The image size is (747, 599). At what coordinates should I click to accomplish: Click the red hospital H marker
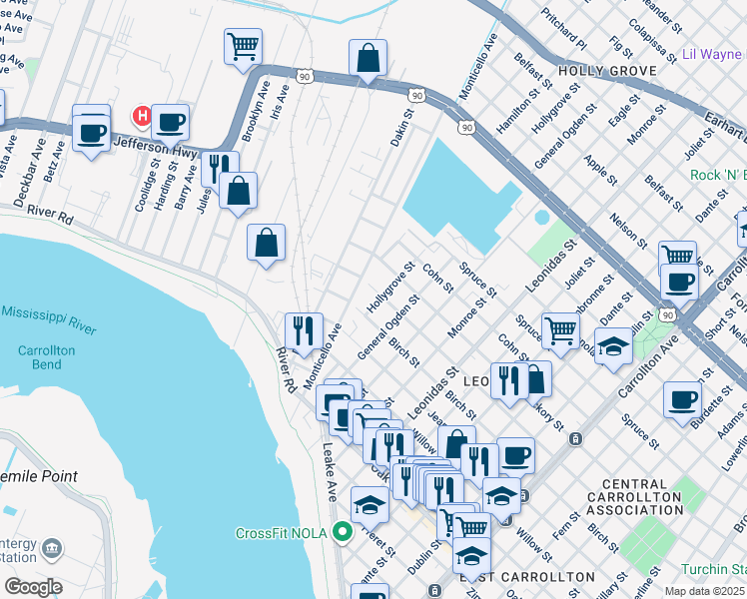point(142,117)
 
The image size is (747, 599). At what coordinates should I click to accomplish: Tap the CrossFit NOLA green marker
point(343,532)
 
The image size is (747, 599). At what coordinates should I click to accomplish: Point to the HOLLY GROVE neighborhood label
point(607,71)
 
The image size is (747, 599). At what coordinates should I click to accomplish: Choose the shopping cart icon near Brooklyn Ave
point(243,46)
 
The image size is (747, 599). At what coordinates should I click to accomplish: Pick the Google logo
point(33,587)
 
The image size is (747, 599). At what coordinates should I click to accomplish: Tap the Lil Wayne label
point(711,53)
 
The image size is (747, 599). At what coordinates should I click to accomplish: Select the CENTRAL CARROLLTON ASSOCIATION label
point(648,497)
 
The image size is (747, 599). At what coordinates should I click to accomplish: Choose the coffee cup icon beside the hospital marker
point(170,122)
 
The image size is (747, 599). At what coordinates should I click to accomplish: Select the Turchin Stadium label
point(716,568)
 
